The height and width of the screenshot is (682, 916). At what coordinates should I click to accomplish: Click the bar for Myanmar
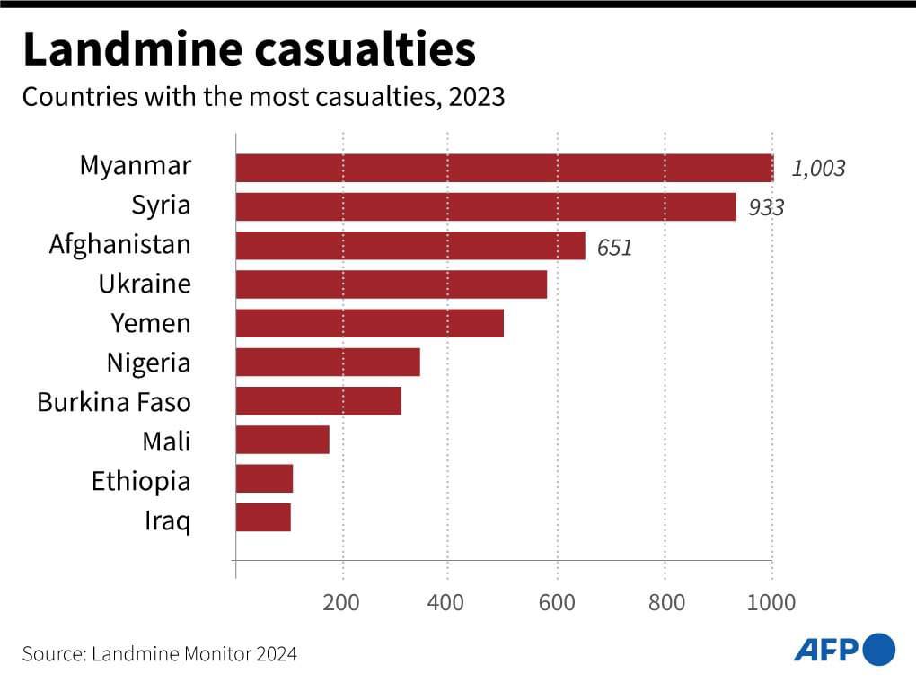[504, 168]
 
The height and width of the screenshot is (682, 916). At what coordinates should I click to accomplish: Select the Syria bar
[486, 207]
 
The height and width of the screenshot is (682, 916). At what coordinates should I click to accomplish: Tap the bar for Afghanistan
[410, 246]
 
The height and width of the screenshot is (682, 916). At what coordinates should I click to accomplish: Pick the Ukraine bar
[392, 284]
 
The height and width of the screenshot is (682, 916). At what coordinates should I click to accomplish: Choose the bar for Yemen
[370, 323]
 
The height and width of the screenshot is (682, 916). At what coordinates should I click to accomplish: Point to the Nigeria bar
[328, 363]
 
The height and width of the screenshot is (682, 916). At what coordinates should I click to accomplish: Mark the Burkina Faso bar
[319, 401]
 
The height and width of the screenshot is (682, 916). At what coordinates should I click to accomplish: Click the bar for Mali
[283, 441]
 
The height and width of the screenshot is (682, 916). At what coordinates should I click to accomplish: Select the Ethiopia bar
[265, 479]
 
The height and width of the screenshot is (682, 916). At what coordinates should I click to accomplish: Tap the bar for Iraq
[263, 518]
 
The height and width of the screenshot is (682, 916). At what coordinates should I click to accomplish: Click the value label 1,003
[818, 169]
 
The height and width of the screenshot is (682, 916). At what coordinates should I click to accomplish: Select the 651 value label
[614, 248]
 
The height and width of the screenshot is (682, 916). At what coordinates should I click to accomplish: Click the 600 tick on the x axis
[557, 601]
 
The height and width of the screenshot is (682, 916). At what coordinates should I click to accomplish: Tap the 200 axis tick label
[342, 601]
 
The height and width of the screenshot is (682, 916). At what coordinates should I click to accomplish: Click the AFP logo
[844, 650]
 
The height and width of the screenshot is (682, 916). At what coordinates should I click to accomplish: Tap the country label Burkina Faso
[114, 402]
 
